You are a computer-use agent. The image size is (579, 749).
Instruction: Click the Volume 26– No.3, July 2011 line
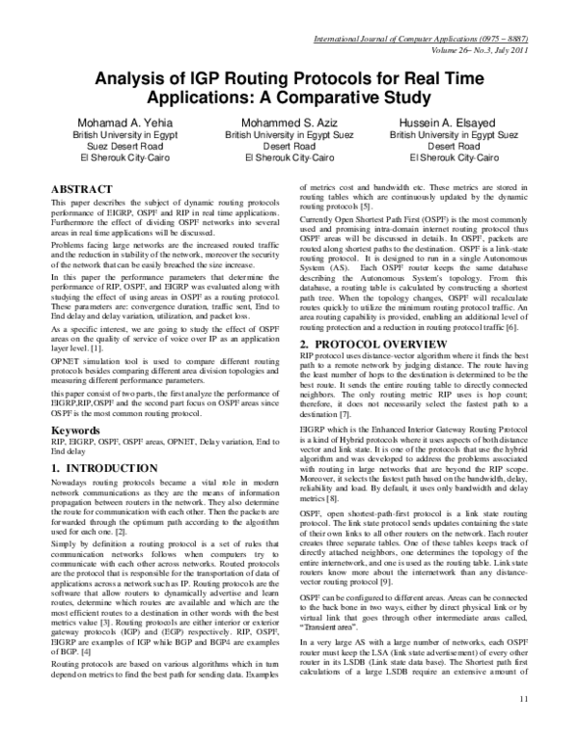(x=460, y=52)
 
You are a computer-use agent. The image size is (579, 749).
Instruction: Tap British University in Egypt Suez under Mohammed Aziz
(x=290, y=135)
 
